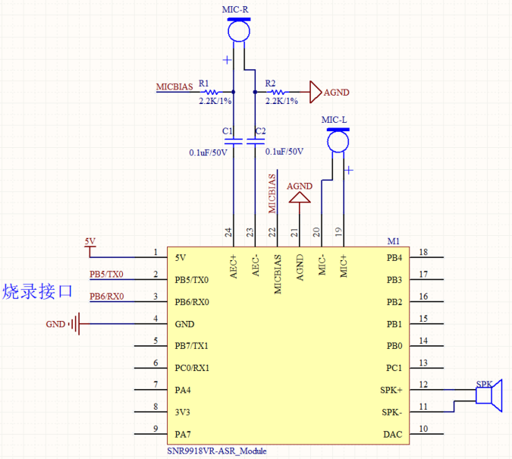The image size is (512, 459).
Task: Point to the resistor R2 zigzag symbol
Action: coord(277,92)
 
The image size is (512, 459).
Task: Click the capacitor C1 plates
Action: coord(234,141)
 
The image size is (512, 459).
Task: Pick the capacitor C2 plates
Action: coord(256,141)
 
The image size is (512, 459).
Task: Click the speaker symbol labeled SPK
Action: coord(488,395)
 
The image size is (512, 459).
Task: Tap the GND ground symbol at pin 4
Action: coord(74,324)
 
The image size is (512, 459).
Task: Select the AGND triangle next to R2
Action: coord(316,92)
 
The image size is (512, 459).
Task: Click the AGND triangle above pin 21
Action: coord(300,197)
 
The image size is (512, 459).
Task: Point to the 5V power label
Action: coord(90,241)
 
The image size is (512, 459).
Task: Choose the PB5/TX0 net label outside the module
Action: coord(106,274)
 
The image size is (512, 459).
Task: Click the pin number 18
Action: coord(423,252)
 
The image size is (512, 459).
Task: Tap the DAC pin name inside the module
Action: coord(392,435)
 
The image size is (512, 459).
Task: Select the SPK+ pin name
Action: coord(391,390)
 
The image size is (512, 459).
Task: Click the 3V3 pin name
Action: coord(182,412)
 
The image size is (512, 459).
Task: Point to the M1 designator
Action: coord(394,241)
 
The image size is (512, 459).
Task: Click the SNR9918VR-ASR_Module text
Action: coord(217,451)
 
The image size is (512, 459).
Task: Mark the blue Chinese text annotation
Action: coord(37,291)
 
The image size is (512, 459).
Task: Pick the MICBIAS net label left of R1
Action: coord(174,87)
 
